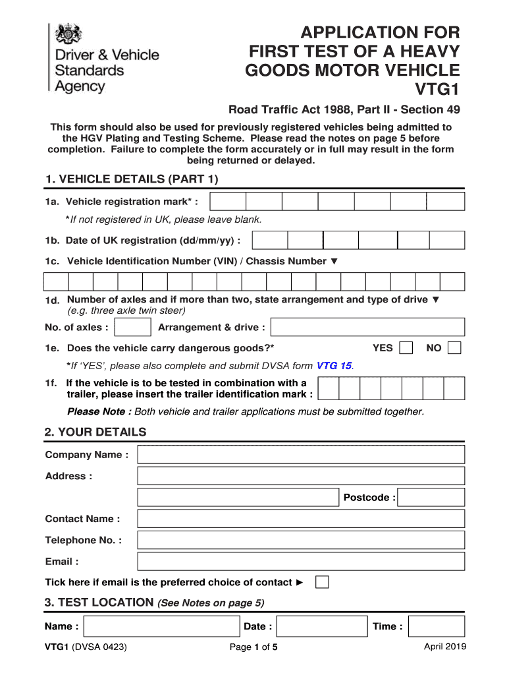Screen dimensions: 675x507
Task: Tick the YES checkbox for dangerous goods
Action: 407,347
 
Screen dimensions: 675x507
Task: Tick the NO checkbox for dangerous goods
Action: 454,347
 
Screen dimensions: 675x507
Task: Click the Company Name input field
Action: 301,455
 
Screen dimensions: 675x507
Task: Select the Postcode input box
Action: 431,498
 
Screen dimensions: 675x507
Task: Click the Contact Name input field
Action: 301,519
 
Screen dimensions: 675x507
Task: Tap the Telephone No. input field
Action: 301,541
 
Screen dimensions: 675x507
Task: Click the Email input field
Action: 301,562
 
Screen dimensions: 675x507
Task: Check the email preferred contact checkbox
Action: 322,582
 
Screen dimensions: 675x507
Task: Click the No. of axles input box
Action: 132,328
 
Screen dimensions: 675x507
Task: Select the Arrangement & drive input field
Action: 367,328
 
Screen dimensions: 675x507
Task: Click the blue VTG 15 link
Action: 334,365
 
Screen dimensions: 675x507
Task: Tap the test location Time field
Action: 436,626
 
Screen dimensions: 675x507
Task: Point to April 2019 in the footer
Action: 445,647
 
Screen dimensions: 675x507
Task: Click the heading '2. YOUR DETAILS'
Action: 95,432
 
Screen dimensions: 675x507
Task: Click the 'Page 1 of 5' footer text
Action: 254,647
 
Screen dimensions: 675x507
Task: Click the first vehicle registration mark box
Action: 228,202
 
